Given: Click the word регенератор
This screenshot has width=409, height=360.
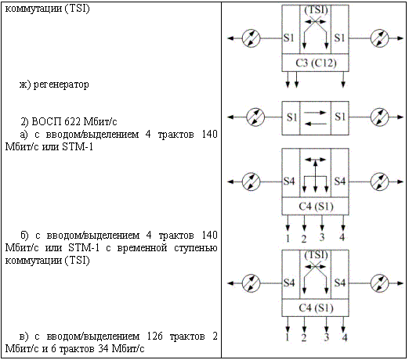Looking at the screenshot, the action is [x=61, y=85].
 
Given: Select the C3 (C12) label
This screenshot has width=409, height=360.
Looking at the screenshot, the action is [x=316, y=63].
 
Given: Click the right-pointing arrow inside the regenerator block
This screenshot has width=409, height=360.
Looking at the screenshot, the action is [x=315, y=113].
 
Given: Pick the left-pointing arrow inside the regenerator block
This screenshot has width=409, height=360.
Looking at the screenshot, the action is [x=315, y=124].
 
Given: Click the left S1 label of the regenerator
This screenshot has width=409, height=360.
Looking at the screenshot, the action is [x=291, y=117].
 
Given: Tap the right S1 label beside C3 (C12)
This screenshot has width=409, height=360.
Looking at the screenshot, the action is [x=339, y=38].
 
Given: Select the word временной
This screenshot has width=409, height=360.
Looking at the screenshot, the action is [x=142, y=247].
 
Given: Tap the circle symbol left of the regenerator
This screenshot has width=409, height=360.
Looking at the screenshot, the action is [x=255, y=117].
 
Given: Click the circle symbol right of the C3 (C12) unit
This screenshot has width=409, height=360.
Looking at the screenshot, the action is [x=379, y=38].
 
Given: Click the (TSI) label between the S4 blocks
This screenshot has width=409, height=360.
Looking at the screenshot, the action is [x=316, y=255].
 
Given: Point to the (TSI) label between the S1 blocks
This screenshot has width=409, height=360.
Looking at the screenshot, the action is [x=316, y=10].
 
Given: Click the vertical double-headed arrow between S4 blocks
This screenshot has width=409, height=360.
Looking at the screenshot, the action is [x=316, y=176].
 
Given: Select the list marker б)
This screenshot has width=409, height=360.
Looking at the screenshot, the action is [x=24, y=236].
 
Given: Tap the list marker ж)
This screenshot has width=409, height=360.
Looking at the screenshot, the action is [x=25, y=85].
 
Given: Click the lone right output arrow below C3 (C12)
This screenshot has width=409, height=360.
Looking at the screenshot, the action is [x=343, y=80].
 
